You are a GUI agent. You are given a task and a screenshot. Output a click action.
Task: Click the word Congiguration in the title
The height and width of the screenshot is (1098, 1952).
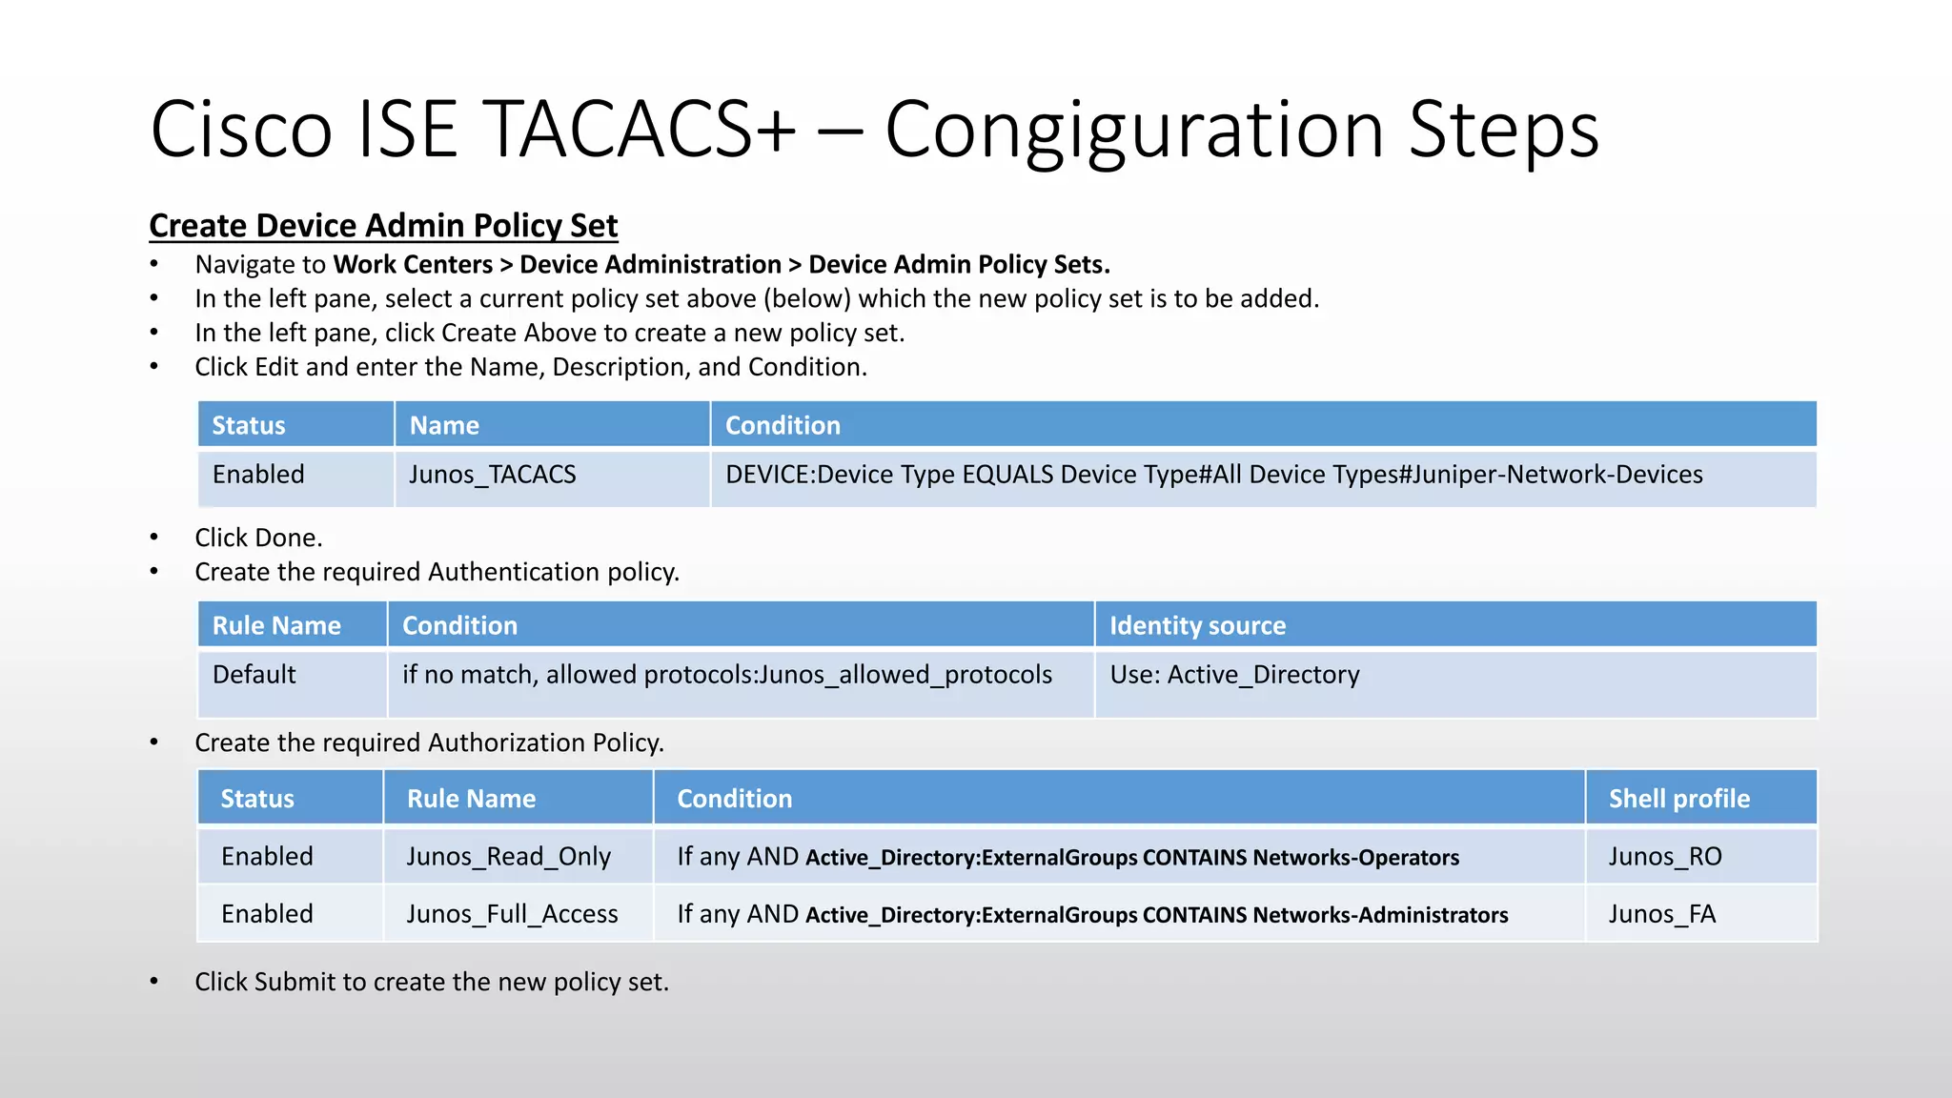(1134, 130)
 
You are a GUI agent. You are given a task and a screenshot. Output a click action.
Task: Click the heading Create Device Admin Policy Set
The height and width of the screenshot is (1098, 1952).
(383, 226)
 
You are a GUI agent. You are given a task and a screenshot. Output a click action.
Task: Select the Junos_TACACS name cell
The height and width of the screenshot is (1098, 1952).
(492, 475)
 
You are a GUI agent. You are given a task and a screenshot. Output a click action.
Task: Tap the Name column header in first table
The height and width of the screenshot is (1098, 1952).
(444, 425)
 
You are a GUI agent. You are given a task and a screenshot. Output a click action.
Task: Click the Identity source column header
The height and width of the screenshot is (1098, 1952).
(1197, 625)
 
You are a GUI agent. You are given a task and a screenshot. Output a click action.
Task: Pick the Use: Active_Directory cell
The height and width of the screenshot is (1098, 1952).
(1234, 675)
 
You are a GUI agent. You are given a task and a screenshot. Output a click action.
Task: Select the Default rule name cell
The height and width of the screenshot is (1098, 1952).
(254, 675)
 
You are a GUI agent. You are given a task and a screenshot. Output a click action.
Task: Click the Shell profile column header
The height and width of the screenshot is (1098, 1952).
(1678, 799)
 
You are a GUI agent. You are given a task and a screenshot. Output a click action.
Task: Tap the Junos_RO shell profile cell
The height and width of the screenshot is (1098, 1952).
(1664, 857)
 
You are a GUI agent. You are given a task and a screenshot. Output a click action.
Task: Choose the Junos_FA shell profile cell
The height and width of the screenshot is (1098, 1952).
(1661, 914)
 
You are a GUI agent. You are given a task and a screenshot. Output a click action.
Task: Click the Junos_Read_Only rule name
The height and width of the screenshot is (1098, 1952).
(508, 857)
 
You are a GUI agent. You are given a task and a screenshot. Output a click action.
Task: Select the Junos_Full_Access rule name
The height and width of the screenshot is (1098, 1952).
(512, 914)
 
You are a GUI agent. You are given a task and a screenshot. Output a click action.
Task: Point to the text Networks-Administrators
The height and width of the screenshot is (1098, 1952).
(1379, 915)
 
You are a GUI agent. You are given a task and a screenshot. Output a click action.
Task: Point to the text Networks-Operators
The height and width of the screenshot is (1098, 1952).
(1355, 858)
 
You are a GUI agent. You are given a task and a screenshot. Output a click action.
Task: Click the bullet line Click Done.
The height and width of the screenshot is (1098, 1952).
(258, 538)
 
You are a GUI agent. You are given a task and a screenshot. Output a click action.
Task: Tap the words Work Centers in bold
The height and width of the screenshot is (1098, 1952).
(413, 264)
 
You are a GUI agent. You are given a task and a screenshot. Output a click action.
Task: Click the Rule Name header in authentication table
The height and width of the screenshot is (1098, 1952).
(276, 625)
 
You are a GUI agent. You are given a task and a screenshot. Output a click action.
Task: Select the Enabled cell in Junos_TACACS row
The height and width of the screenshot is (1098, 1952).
(258, 475)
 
